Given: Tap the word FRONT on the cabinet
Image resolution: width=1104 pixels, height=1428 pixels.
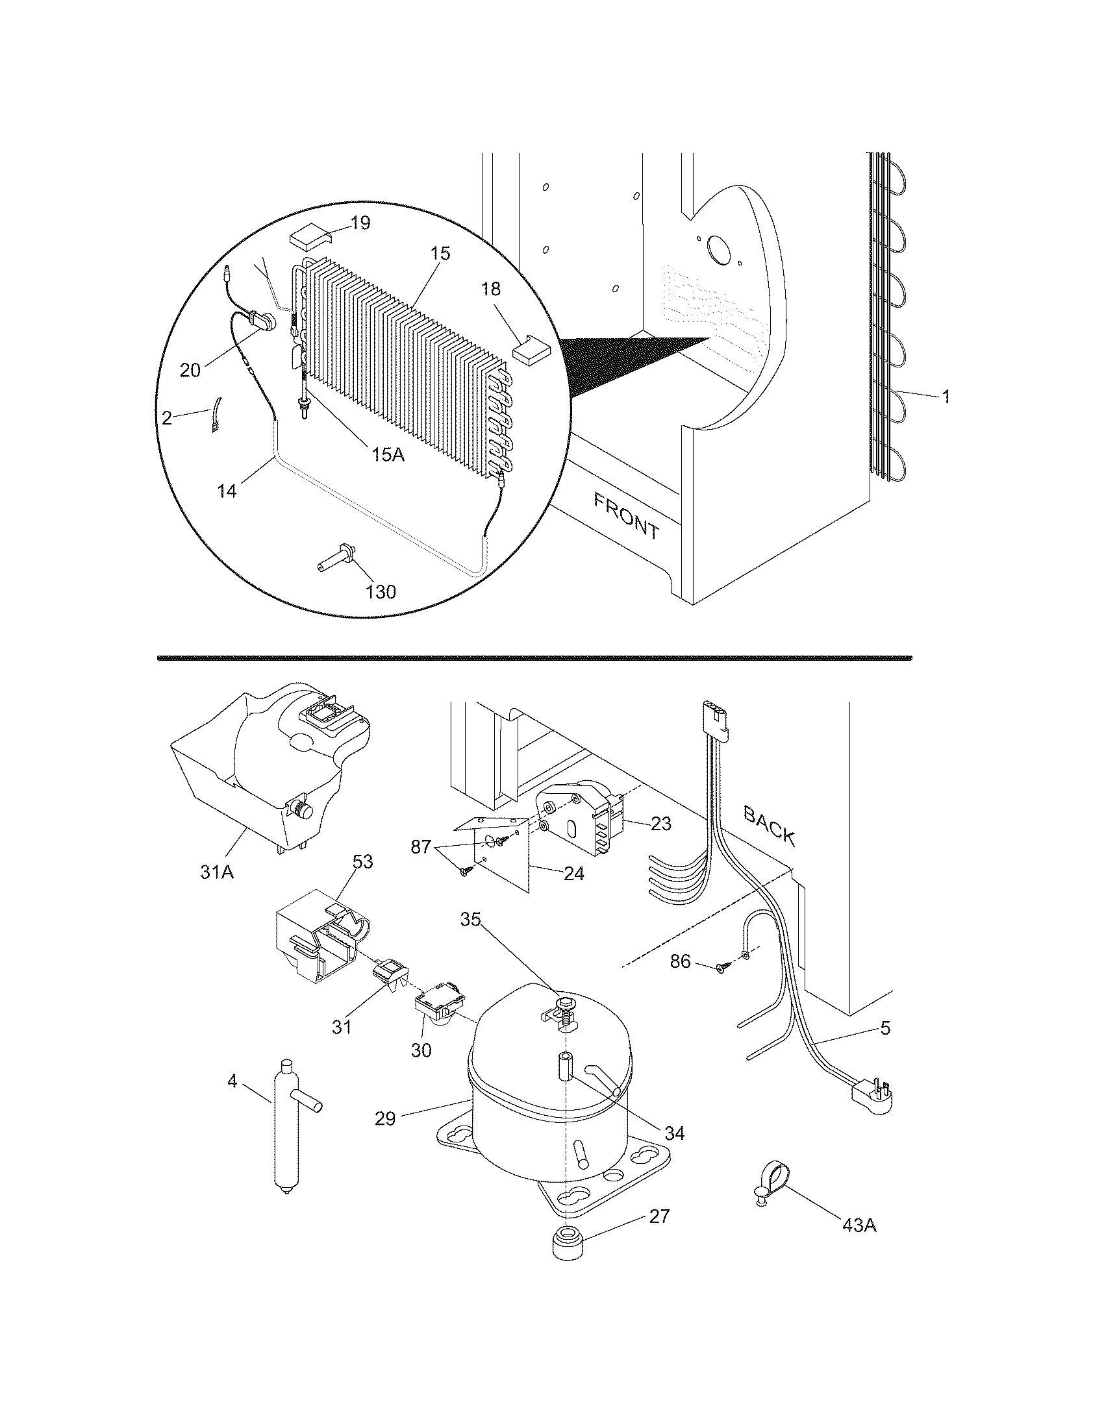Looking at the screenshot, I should [x=626, y=516].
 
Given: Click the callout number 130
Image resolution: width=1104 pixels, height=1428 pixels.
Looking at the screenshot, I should [x=381, y=593].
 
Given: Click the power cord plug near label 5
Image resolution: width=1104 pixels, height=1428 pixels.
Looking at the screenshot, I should [x=871, y=1091].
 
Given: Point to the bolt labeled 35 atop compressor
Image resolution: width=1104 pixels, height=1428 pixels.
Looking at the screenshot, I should [x=562, y=1004].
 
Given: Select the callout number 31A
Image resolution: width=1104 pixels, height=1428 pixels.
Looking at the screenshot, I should [x=217, y=872].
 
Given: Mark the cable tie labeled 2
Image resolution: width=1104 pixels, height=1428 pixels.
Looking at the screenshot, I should [x=214, y=418].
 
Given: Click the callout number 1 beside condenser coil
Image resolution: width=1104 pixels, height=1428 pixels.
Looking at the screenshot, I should [x=945, y=396].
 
